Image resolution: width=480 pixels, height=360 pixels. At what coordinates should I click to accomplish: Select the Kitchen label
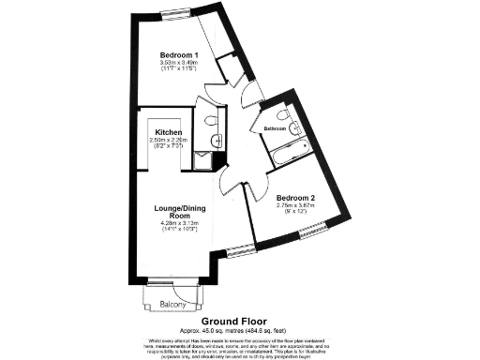(168, 133)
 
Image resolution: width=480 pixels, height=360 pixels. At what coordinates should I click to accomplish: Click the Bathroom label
(275, 128)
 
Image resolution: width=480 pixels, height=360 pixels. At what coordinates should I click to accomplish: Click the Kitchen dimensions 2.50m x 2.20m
(168, 141)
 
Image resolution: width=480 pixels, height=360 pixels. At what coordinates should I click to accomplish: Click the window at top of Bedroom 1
(173, 17)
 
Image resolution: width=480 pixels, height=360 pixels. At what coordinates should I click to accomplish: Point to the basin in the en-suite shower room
(216, 140)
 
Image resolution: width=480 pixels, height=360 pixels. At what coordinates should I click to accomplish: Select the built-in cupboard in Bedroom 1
(227, 70)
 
